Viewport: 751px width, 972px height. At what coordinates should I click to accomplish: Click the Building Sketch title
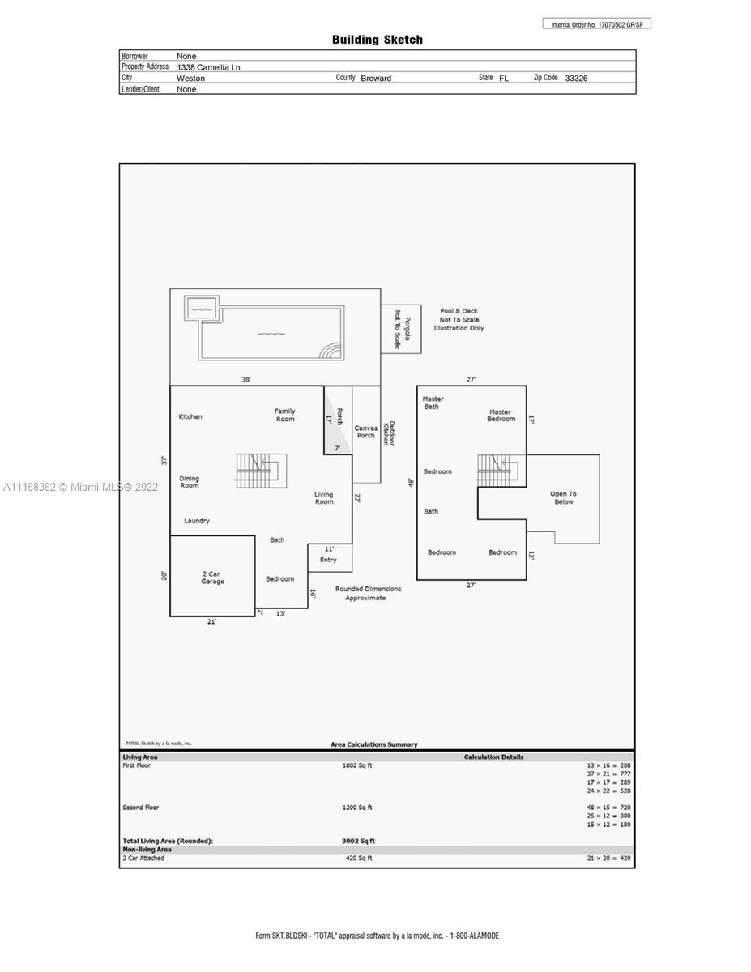tap(377, 40)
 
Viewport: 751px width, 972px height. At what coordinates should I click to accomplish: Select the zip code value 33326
tap(576, 79)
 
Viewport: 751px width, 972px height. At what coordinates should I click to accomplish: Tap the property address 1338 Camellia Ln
tap(208, 67)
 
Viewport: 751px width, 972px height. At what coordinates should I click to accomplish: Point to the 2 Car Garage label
tap(212, 578)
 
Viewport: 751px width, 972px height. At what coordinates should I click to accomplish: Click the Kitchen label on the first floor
tap(190, 416)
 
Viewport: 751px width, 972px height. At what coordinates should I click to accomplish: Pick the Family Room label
tap(285, 415)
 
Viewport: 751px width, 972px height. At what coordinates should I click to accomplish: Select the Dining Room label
tap(190, 482)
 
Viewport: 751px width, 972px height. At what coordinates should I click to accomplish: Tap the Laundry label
tap(197, 521)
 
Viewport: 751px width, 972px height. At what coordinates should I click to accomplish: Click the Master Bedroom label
tap(501, 415)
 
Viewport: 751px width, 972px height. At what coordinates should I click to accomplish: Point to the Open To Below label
tap(564, 498)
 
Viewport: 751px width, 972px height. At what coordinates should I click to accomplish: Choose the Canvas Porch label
tap(366, 432)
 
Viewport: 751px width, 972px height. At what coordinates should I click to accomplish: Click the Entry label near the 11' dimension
tap(328, 560)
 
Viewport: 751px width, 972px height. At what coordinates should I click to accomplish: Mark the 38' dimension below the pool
tap(246, 379)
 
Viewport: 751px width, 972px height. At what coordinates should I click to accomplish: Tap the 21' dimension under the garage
tap(211, 621)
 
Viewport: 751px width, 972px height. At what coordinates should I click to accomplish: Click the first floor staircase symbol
tap(261, 471)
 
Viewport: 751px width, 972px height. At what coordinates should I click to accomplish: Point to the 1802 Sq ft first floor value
tap(357, 765)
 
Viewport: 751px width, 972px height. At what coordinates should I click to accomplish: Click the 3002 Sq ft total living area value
tap(358, 841)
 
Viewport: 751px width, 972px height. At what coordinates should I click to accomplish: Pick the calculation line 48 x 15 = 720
tap(608, 808)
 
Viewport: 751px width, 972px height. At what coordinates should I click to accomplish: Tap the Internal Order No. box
tap(597, 24)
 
